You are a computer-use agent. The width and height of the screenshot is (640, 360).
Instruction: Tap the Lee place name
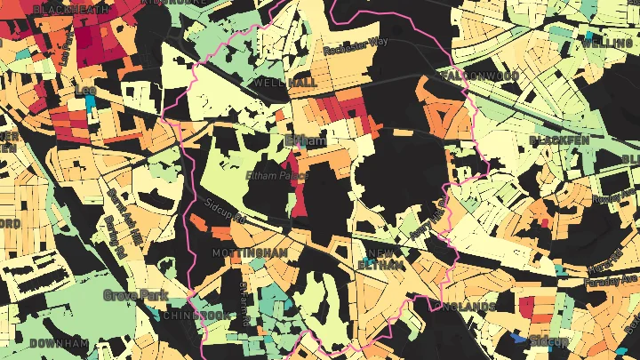(86, 90)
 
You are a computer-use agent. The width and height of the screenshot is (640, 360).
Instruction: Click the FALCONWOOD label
(480, 76)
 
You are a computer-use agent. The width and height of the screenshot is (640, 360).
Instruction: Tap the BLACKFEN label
(560, 140)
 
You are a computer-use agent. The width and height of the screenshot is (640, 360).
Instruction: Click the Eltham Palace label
(276, 176)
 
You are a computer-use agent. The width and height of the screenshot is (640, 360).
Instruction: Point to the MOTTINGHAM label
(250, 253)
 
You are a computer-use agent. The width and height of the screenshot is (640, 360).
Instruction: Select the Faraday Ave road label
(613, 284)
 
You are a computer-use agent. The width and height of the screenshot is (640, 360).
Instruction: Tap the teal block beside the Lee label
(90, 102)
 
